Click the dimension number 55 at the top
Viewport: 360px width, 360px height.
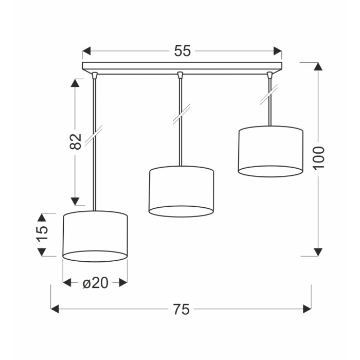click(182, 51)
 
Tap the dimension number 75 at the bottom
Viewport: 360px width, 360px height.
click(181, 309)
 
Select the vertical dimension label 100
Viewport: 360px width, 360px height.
click(319, 158)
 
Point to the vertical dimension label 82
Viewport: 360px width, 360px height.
click(76, 141)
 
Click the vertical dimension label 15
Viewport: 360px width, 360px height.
click(42, 234)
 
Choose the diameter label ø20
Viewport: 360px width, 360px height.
click(95, 283)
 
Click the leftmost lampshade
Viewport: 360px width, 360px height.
click(95, 236)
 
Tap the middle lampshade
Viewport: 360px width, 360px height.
click(181, 191)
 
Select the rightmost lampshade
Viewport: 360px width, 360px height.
click(271, 152)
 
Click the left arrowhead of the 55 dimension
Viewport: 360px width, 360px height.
click(86, 51)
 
